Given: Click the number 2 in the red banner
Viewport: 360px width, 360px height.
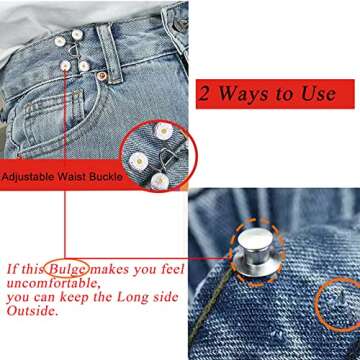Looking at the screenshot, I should pyautogui.click(x=207, y=95).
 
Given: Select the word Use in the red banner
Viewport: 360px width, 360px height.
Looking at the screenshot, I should pyautogui.click(x=311, y=95).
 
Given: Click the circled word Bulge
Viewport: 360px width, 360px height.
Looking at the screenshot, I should pyautogui.click(x=71, y=269).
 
